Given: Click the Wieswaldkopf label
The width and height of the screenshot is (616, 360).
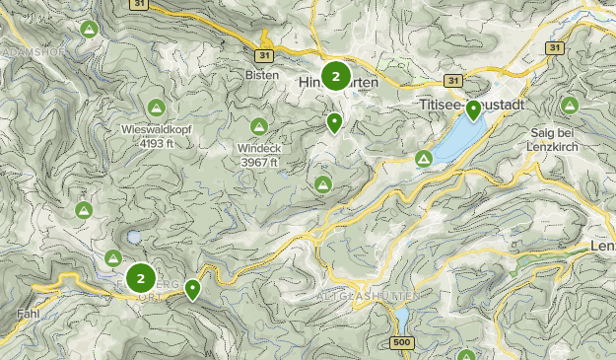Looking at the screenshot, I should (x=155, y=128).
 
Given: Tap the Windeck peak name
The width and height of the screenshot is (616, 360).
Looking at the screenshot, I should (x=258, y=148).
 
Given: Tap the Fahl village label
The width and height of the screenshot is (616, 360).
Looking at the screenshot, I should (x=29, y=314).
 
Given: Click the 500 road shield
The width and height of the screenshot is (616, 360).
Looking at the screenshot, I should (x=400, y=342).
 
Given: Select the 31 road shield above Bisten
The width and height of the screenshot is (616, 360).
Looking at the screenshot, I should (x=263, y=54).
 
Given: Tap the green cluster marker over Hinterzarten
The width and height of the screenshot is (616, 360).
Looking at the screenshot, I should (x=336, y=76).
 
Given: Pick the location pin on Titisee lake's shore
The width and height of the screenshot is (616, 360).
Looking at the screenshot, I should (x=474, y=109).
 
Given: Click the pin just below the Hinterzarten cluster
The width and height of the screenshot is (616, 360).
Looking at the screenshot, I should (x=335, y=122).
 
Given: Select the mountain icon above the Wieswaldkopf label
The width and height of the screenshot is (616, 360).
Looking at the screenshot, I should (x=155, y=107).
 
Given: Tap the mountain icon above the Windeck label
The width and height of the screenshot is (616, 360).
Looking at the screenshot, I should (x=258, y=126).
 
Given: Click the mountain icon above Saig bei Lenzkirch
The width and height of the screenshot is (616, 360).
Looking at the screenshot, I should (x=569, y=105).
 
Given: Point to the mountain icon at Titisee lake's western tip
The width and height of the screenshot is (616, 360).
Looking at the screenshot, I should (x=424, y=158).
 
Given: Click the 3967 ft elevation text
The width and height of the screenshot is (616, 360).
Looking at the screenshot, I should (x=258, y=162).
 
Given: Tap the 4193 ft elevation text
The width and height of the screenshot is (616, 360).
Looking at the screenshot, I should (x=155, y=142).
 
